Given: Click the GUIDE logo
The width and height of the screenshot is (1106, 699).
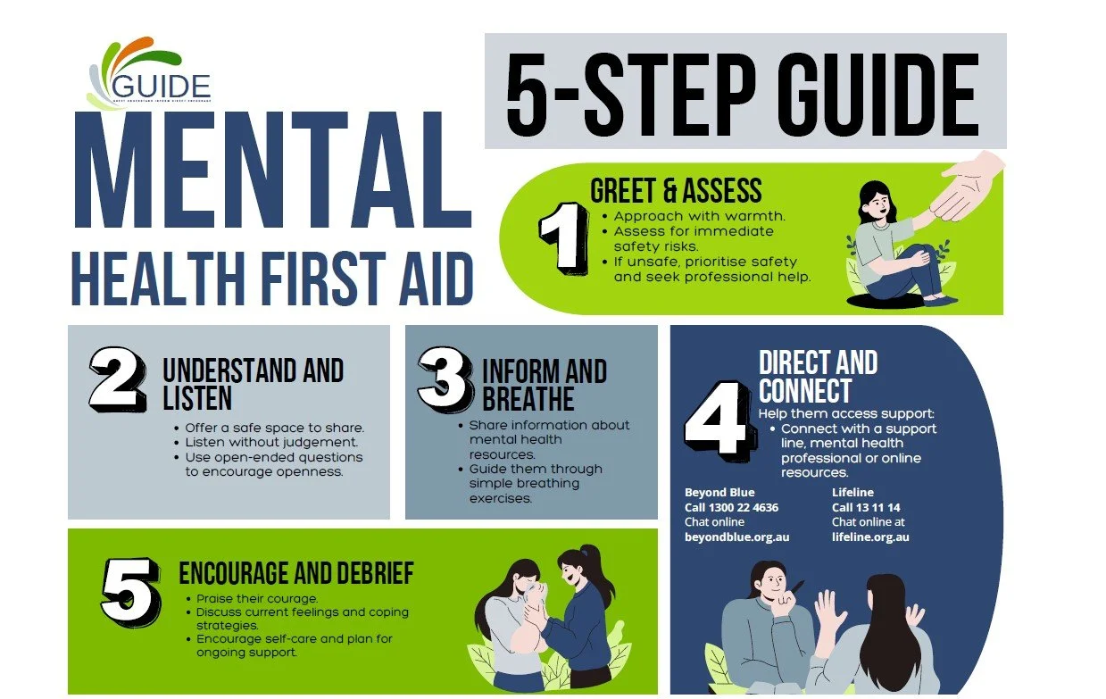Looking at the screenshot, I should (150, 75).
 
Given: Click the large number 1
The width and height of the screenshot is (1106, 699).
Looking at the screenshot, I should (563, 237).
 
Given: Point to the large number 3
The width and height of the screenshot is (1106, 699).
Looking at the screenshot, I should (445, 379).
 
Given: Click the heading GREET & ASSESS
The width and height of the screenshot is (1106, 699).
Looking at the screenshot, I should (676, 190).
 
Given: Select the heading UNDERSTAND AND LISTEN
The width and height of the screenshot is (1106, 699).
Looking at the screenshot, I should (253, 384).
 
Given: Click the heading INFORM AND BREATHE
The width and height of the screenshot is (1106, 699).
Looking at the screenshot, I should (544, 384).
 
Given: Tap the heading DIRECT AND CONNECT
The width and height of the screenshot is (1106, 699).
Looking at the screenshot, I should (817, 376).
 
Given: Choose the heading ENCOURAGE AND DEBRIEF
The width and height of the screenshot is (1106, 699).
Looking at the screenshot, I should (295, 572).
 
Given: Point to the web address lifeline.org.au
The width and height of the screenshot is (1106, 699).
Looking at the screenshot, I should (870, 537).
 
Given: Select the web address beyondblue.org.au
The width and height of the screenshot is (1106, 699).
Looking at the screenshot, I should (736, 537).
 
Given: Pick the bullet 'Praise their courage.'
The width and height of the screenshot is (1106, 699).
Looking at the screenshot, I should (257, 598).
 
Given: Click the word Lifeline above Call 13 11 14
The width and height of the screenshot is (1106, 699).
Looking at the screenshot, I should (852, 492).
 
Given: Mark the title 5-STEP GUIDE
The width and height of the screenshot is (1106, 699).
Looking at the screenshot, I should (743, 93).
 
